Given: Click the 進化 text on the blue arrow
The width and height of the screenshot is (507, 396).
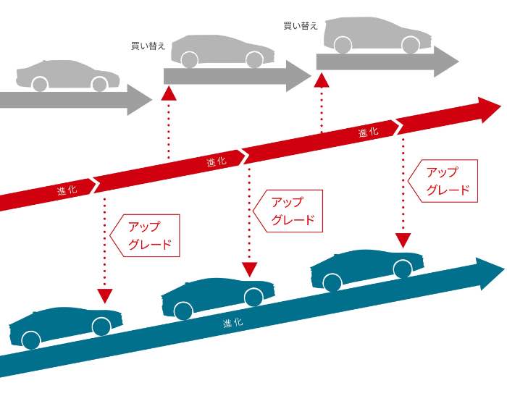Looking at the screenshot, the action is (232, 322).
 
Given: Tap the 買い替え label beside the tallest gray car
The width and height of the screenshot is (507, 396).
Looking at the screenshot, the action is (301, 25).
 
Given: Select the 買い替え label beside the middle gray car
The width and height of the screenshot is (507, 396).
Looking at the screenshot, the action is (148, 46).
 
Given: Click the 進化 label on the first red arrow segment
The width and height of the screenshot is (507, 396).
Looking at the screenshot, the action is (67, 190).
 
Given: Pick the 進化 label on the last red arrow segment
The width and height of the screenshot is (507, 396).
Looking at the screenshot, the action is (368, 132).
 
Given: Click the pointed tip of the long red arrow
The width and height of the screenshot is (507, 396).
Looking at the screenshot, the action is (501, 106).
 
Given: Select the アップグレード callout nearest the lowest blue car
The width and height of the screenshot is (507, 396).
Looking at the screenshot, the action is (145, 235).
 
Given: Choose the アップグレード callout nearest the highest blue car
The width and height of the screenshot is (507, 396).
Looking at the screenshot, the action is (443, 181).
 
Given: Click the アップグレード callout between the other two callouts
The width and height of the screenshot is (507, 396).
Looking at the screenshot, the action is (288, 211).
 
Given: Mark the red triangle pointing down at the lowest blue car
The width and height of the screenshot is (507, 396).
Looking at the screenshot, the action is (105, 296).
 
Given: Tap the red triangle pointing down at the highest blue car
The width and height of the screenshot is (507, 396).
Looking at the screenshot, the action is (403, 240).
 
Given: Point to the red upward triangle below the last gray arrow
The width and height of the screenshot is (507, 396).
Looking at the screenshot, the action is (322, 80).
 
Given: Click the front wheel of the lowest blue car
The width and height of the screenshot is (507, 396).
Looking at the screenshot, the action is (101, 327).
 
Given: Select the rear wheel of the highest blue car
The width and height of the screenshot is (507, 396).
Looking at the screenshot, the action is (332, 282).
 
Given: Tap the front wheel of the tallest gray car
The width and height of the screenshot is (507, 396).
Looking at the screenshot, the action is (411, 45).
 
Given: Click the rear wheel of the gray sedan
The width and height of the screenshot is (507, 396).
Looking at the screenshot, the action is (40, 85).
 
